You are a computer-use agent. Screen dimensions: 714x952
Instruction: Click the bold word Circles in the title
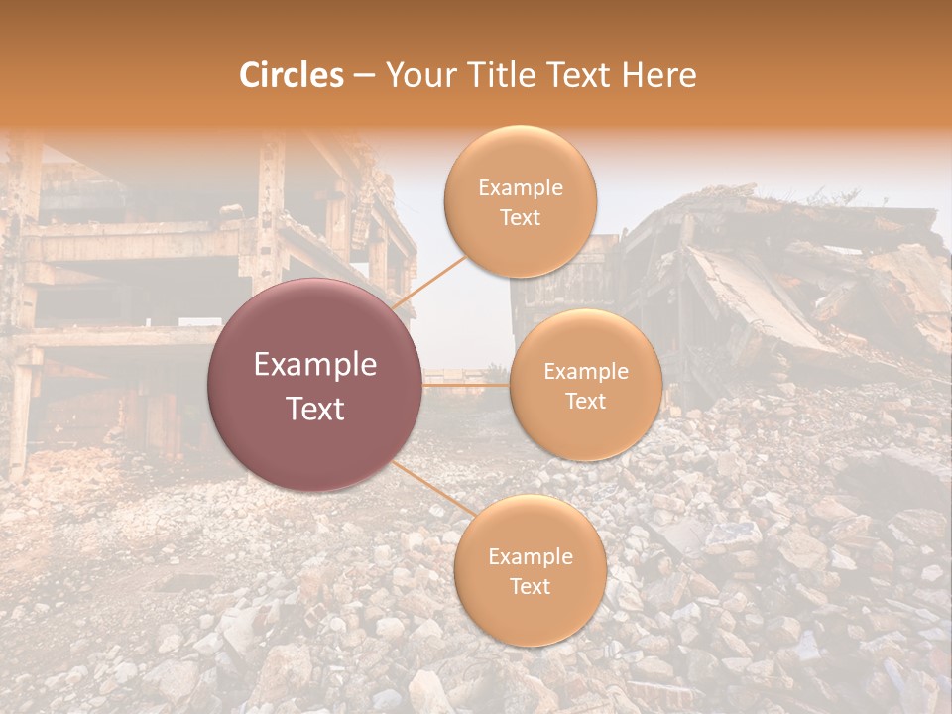pos(291,75)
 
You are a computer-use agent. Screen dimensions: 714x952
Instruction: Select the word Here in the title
pos(658,75)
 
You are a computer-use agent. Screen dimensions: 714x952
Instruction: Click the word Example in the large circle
pos(315,365)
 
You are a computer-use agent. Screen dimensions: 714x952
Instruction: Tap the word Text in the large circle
pos(315,409)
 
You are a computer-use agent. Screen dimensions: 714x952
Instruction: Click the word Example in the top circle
pos(520,187)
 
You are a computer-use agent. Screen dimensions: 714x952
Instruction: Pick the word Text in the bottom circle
pos(530,586)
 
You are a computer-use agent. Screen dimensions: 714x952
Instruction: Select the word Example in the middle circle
pos(585,371)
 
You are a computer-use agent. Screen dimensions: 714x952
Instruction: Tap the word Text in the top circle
pos(520,217)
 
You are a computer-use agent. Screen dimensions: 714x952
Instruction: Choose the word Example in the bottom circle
pos(530,556)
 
